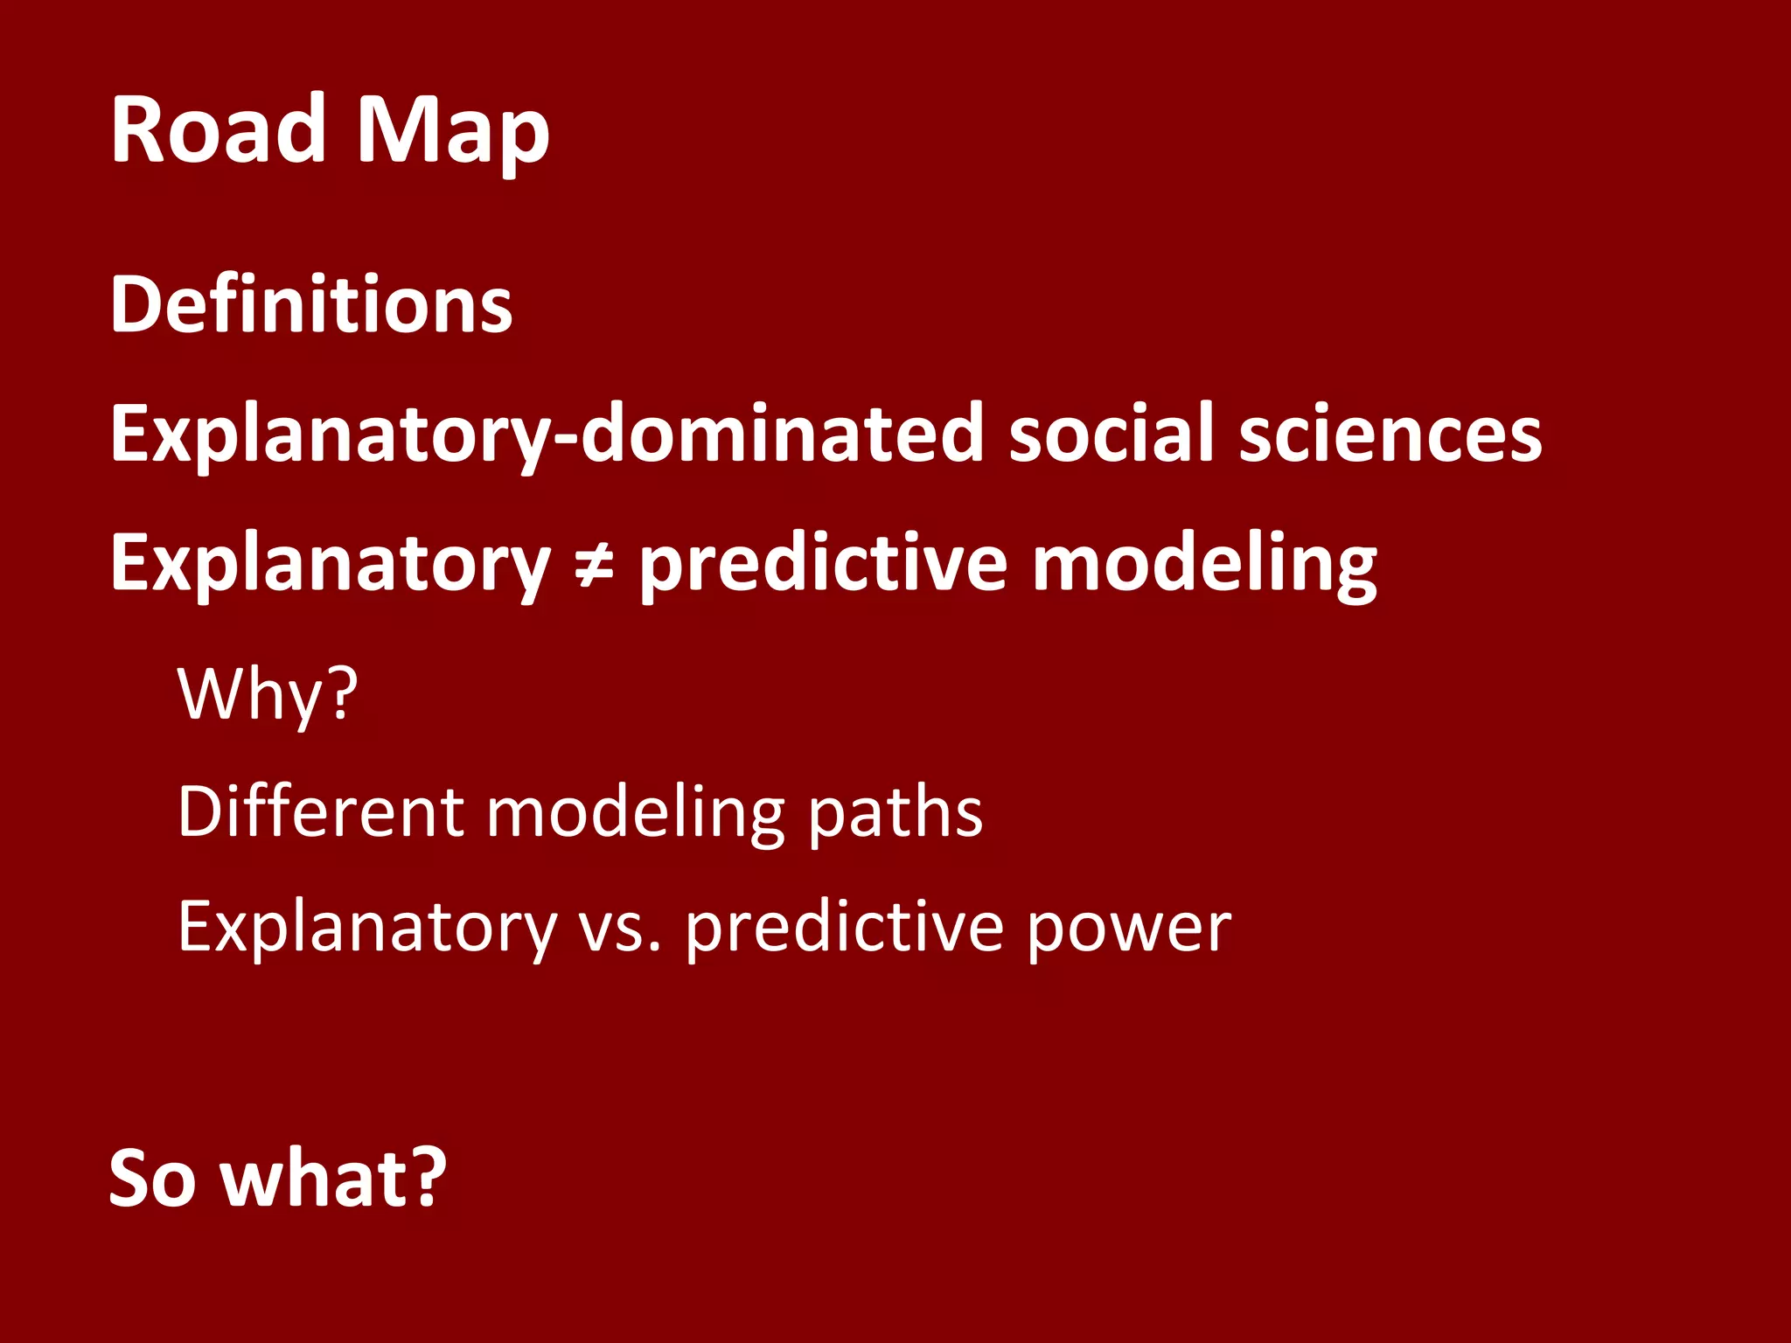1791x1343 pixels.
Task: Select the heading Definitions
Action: pos(311,304)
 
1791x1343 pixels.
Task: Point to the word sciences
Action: pos(1390,434)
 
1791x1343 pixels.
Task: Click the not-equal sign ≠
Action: pos(595,567)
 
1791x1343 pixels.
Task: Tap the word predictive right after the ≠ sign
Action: pos(822,567)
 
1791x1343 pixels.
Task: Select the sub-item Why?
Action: pos(268,695)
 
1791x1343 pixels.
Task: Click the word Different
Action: pos(320,811)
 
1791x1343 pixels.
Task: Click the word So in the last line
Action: pos(152,1179)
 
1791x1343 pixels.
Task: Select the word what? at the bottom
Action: pos(333,1179)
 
